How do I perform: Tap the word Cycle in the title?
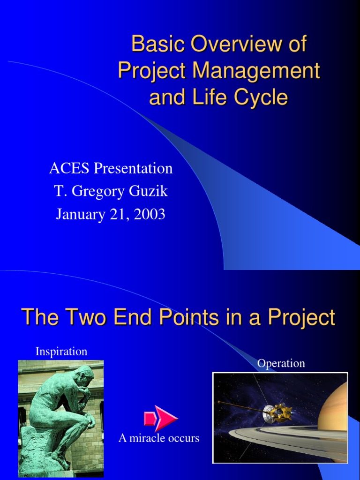pyautogui.click(x=264, y=97)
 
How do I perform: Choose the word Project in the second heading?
pyautogui.click(x=301, y=318)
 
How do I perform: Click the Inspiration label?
pyautogui.click(x=61, y=351)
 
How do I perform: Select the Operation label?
pyautogui.click(x=281, y=363)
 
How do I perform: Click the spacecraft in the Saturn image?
pyautogui.click(x=278, y=412)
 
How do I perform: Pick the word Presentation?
pyautogui.click(x=133, y=168)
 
